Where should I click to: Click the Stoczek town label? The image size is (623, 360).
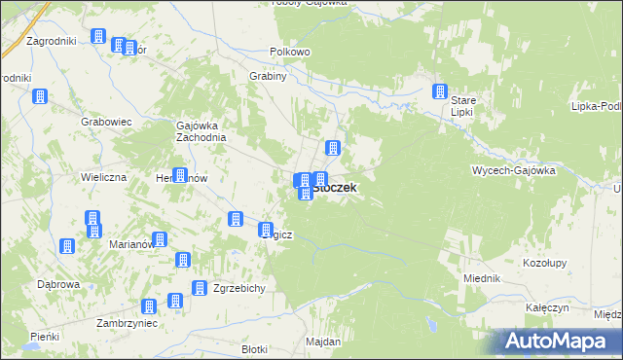tap(335, 188)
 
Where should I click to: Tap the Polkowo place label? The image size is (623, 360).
tap(289, 52)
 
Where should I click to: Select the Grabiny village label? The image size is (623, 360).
tap(268, 80)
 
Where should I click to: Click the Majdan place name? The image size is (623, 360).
tap(323, 342)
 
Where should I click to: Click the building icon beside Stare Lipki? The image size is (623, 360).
tap(439, 92)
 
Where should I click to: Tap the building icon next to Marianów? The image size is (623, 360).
tap(160, 239)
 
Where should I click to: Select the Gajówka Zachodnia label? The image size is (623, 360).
tap(201, 130)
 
